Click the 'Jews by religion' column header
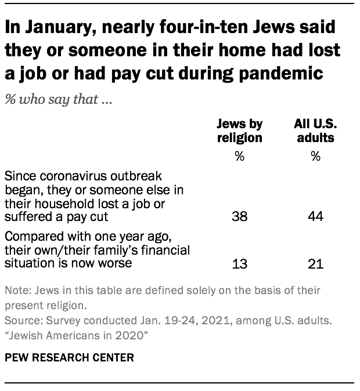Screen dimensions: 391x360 pos(240,131)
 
